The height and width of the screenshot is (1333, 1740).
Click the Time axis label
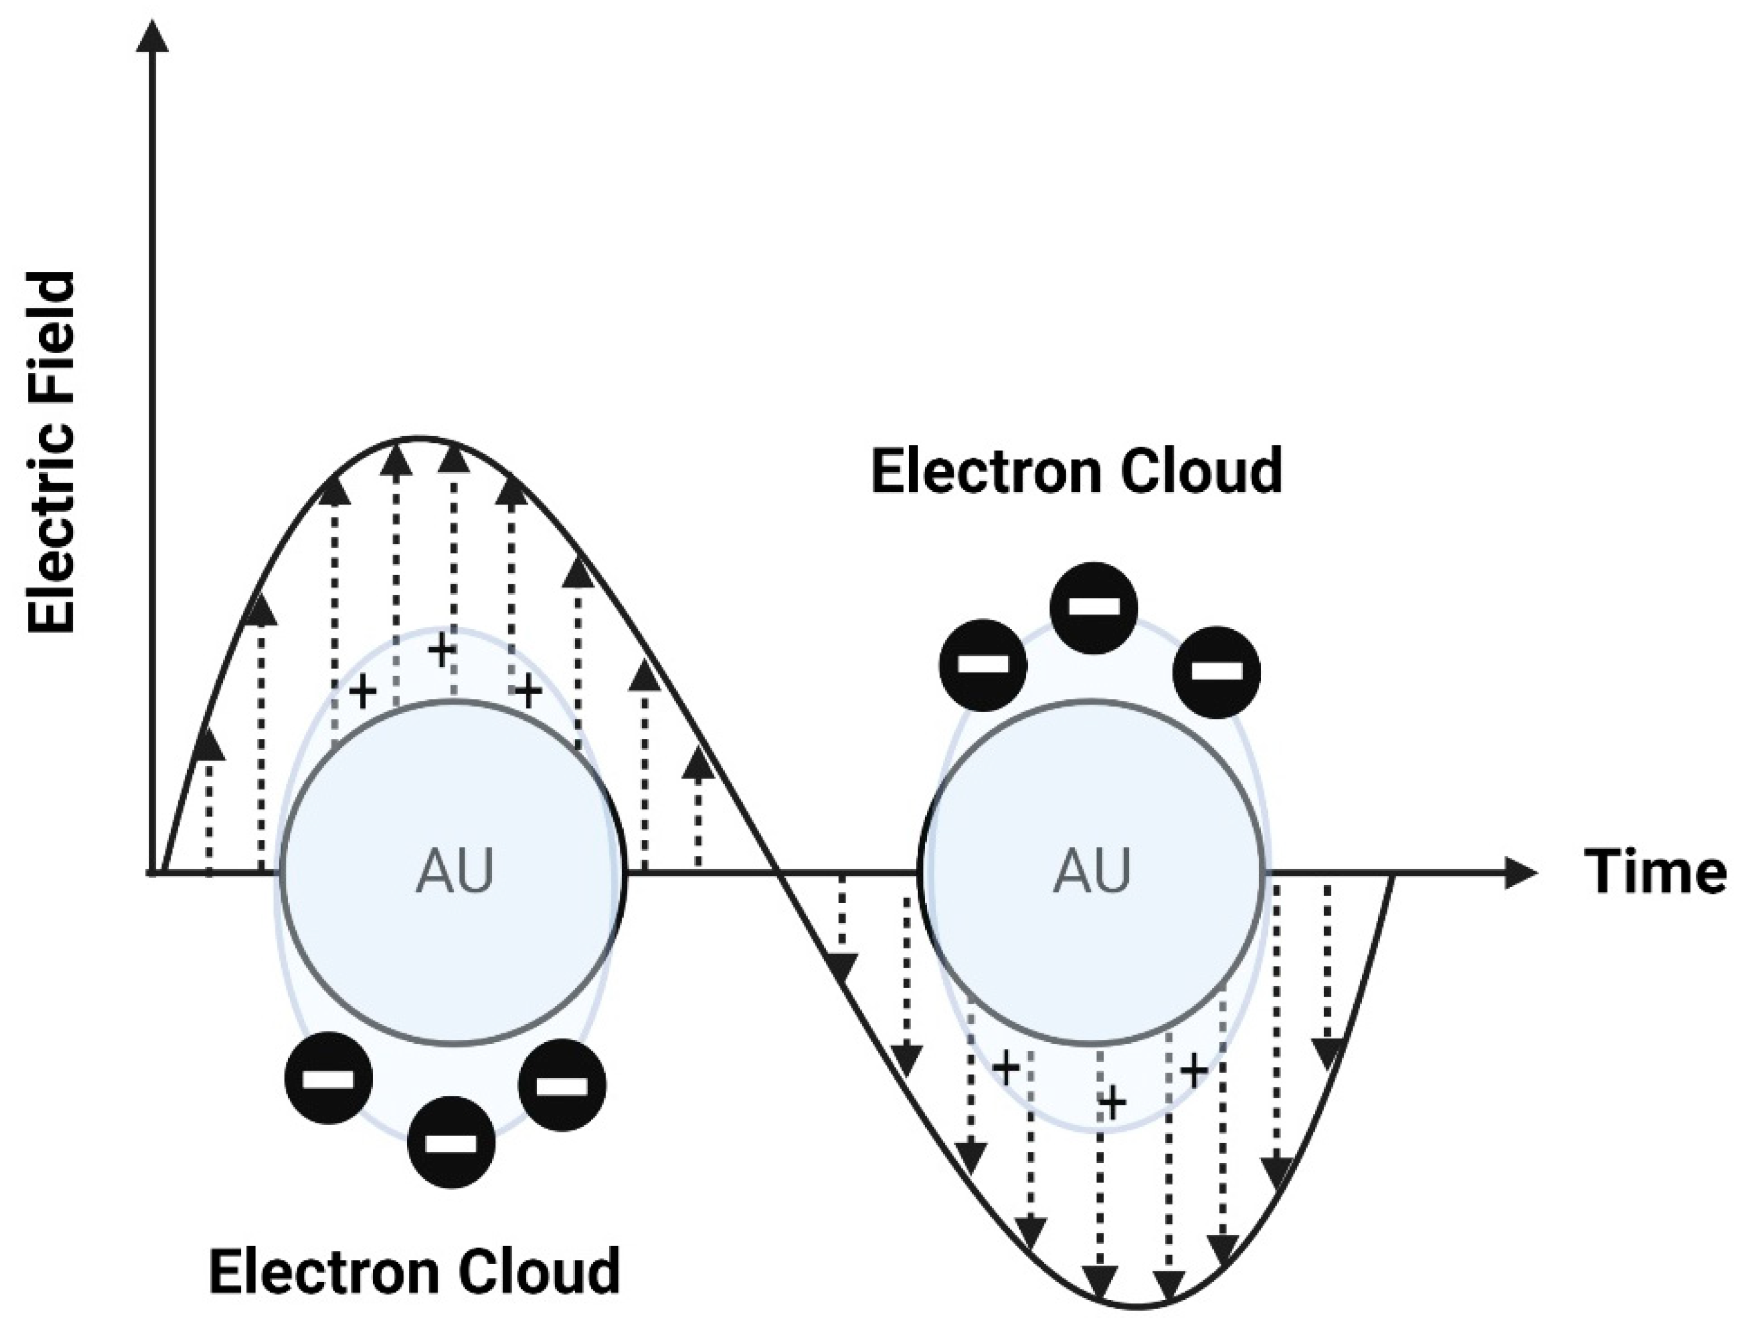point(1655,871)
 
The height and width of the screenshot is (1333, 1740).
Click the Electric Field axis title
point(52,452)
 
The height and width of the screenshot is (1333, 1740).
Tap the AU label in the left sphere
point(454,871)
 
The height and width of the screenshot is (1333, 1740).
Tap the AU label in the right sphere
point(1092,871)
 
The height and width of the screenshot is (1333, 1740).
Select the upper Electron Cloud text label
point(1076,470)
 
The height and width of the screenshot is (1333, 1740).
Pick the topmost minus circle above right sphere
point(1094,607)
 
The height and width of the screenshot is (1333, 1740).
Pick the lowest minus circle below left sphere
point(451,1142)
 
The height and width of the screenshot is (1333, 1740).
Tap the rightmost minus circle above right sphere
point(1216,671)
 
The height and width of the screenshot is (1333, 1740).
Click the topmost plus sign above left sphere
point(441,651)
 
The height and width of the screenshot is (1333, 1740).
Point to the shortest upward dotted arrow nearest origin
point(208,802)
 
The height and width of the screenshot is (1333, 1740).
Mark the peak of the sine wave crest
point(418,438)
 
